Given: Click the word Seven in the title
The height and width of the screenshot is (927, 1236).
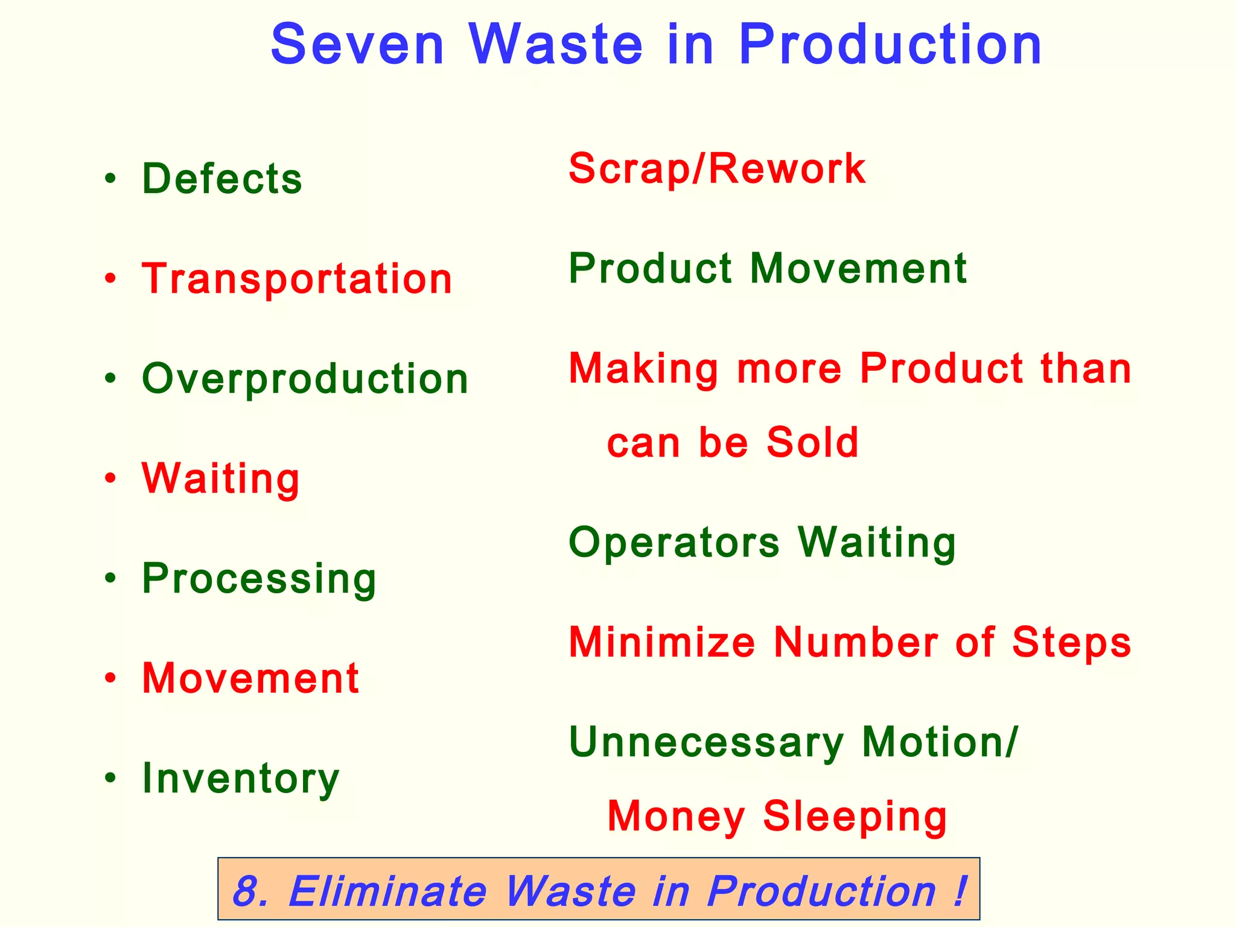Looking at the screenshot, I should (357, 45).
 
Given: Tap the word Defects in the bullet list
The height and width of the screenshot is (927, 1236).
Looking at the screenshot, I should (222, 179).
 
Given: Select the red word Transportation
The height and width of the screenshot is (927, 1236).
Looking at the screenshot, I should (297, 279).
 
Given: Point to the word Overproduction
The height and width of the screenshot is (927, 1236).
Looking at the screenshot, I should (305, 379).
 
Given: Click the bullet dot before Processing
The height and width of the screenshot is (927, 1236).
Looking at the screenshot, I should (110, 579).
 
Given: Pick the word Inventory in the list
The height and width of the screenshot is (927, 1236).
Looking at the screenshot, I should (241, 779).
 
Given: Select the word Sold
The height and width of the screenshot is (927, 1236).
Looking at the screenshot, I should (812, 442).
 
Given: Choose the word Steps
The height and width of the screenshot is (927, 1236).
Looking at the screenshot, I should (1071, 642).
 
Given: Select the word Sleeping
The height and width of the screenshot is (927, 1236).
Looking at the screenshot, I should (855, 816).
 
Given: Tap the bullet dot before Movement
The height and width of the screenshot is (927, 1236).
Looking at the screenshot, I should (110, 678).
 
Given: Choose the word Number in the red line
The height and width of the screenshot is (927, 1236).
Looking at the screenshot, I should (856, 642).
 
